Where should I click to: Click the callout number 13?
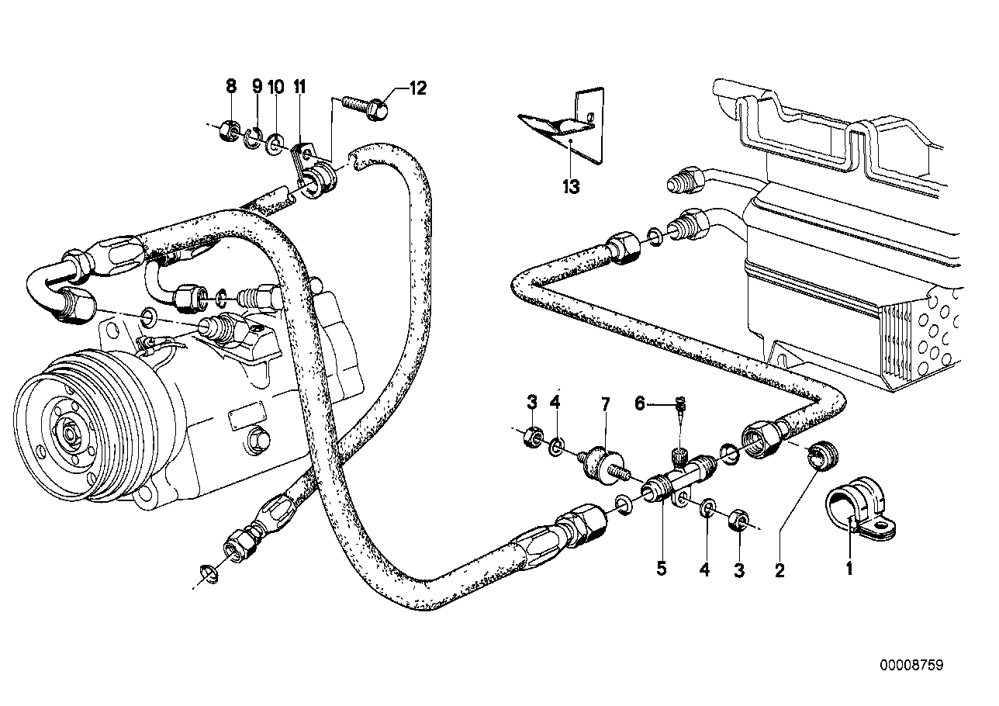pos(572,187)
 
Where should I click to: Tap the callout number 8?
pos(230,87)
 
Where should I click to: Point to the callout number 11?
pos(299,87)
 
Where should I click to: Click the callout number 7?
pos(606,403)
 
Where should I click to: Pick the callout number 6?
pos(640,403)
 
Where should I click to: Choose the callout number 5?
pos(661,568)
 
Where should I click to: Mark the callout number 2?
pos(779,571)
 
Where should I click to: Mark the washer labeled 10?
pos(276,144)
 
